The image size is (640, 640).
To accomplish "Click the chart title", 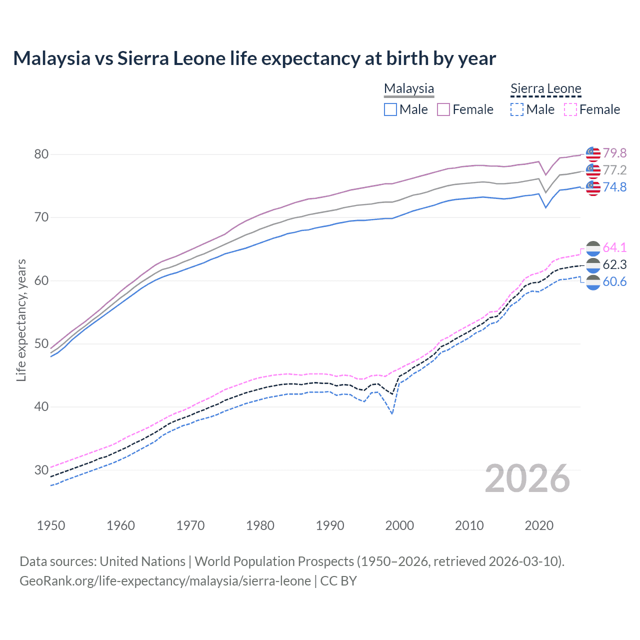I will (254, 58).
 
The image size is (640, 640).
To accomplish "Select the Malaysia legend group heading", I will (408, 88).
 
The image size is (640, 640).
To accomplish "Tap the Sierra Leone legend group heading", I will (545, 88).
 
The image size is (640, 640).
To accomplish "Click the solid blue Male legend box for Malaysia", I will (390, 109).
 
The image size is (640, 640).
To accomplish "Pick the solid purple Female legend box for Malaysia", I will (443, 109).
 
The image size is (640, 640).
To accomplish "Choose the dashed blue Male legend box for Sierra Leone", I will (517, 109).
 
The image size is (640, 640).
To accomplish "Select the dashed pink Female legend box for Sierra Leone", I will (570, 109).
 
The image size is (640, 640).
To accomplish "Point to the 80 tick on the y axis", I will (41, 154).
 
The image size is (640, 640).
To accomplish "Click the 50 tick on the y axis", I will (41, 343).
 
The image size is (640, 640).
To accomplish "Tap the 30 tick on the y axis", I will (41, 470).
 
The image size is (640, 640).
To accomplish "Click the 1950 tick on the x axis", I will (51, 525).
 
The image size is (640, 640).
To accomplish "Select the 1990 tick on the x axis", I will (330, 525).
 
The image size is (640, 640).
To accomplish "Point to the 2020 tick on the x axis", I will (539, 525).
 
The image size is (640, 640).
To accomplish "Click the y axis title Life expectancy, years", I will (21, 320).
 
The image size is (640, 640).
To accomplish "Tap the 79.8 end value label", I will (614, 153).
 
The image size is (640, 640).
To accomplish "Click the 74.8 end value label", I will (614, 187).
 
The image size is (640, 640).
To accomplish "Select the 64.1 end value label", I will (614, 247).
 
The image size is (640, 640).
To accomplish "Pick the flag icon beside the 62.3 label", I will (593, 265).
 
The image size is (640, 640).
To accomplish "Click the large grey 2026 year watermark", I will (527, 478).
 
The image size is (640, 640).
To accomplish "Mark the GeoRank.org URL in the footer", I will (165, 581).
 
